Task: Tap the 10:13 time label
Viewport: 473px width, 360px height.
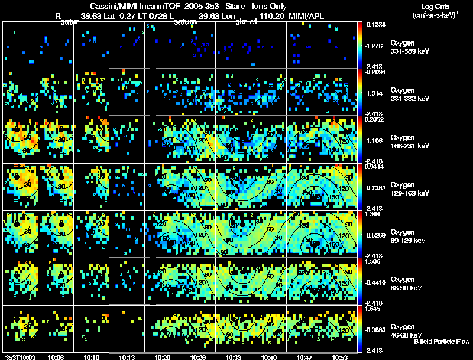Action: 127,357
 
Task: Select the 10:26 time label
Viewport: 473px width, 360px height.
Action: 198,357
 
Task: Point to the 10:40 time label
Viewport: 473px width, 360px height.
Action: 269,357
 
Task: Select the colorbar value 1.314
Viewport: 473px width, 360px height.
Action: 377,93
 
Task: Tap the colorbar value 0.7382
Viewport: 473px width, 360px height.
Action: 377,187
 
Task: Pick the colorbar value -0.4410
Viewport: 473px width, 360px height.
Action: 377,281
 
